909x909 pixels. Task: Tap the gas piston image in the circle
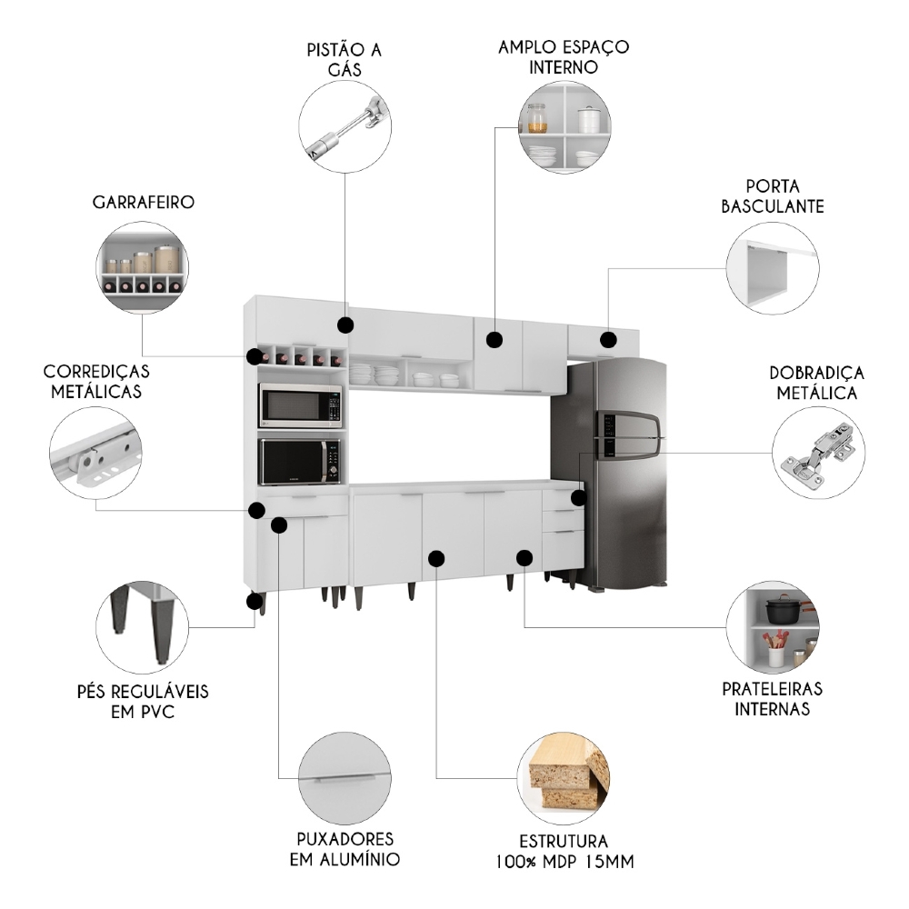(x=345, y=127)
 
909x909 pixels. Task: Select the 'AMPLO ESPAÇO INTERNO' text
(x=564, y=56)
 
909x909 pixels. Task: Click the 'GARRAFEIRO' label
(x=143, y=203)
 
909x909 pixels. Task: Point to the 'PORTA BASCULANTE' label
(x=773, y=196)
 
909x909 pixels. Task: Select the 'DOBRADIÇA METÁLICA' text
(x=816, y=384)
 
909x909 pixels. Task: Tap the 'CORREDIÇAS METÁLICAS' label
(x=96, y=382)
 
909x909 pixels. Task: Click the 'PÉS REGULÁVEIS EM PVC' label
(x=143, y=701)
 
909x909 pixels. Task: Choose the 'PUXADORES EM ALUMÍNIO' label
(x=345, y=848)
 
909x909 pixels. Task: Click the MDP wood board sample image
(x=564, y=773)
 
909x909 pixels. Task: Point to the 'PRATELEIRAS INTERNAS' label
(x=772, y=699)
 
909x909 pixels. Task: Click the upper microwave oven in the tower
(x=301, y=405)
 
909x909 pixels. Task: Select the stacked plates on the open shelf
(x=374, y=375)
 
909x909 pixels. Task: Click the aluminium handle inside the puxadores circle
(x=345, y=778)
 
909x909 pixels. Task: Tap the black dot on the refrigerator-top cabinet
(x=608, y=340)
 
